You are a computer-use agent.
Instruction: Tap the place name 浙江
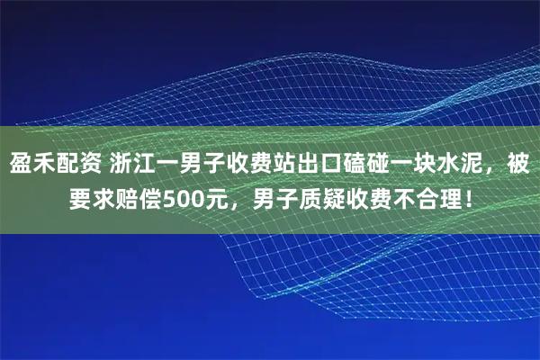pyautogui.click(x=137, y=166)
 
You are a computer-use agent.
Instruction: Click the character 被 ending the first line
pyautogui.click(x=519, y=166)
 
